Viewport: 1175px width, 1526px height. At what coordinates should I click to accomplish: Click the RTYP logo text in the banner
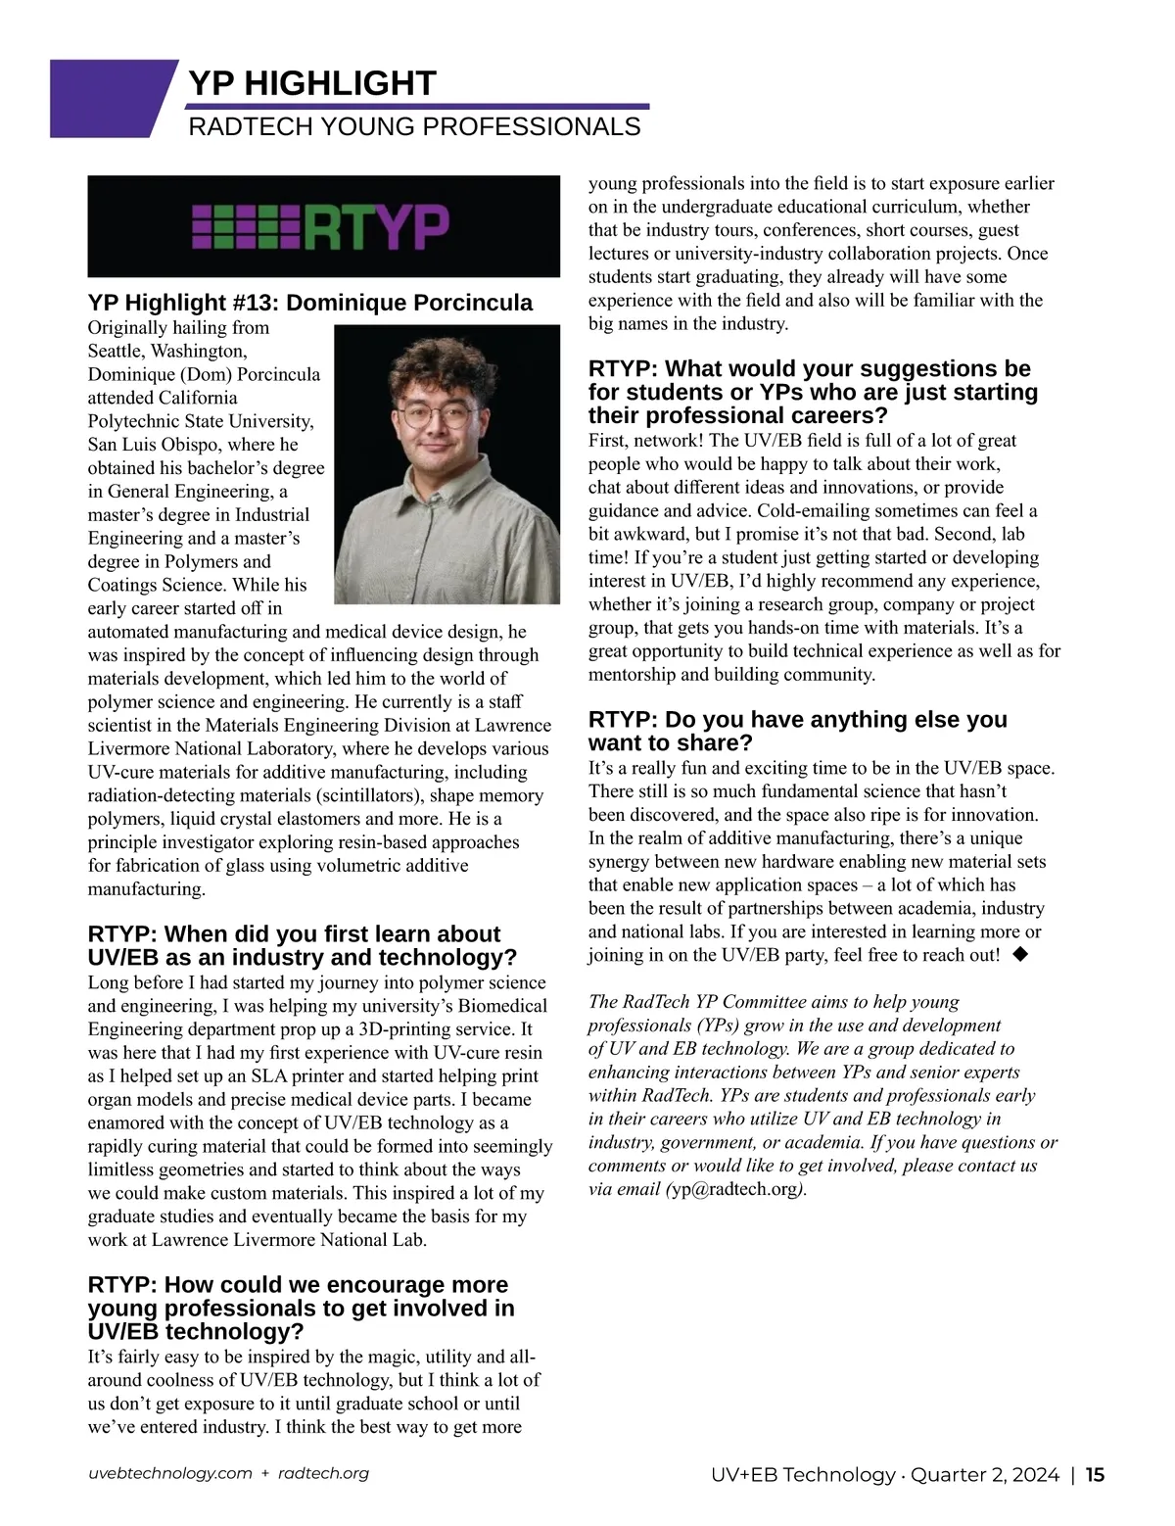coord(378,226)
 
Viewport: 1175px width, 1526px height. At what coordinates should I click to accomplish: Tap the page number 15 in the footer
coord(1095,1474)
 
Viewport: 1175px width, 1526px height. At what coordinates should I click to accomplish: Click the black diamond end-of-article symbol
coord(1020,953)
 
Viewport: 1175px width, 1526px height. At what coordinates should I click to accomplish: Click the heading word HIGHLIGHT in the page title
coord(340,83)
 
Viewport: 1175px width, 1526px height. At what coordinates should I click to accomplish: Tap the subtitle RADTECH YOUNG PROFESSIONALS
coord(414,126)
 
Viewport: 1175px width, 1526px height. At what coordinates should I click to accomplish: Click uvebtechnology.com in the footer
coord(170,1473)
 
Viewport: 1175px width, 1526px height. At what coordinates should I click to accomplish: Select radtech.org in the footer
coord(323,1473)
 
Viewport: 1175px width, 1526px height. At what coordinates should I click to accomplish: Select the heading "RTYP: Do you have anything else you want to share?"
coord(797,731)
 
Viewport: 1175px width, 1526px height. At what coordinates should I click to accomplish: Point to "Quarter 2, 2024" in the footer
coord(985,1474)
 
